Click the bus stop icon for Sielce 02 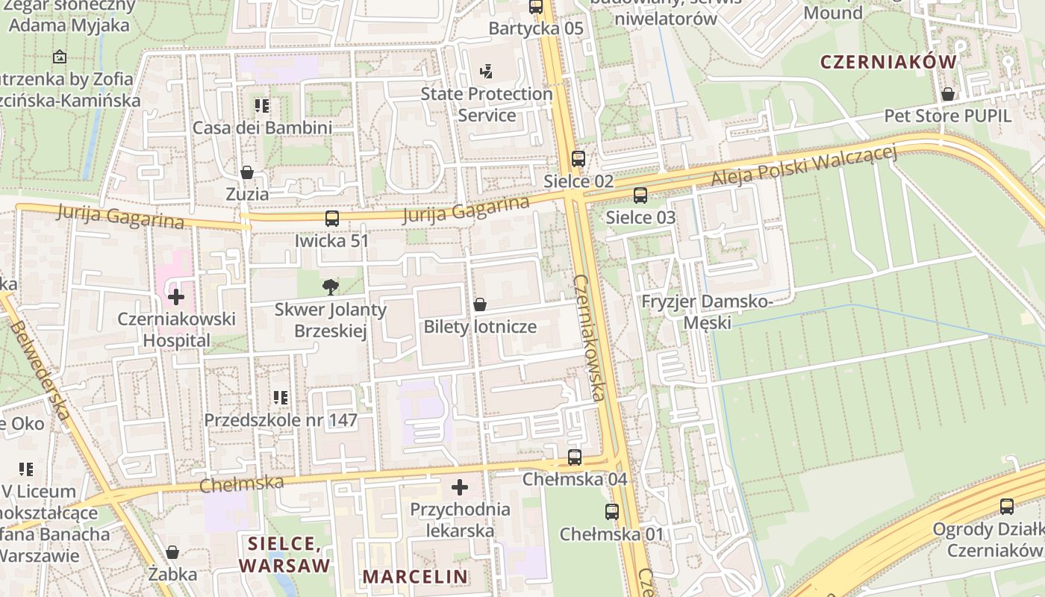[578, 158]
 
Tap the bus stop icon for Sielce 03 [640, 196]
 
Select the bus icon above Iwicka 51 [332, 219]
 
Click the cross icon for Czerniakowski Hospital [176, 297]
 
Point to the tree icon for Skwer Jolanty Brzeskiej [329, 287]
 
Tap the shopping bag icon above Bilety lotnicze [480, 304]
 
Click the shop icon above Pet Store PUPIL [947, 94]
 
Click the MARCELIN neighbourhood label [415, 576]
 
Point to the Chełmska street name [242, 483]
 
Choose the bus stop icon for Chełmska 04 [575, 457]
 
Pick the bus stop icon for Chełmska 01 [612, 512]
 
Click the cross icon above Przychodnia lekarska [460, 487]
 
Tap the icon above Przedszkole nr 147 [281, 398]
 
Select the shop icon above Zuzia [247, 172]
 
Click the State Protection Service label [487, 104]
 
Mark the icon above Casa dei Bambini [262, 106]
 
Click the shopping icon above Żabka [172, 552]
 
